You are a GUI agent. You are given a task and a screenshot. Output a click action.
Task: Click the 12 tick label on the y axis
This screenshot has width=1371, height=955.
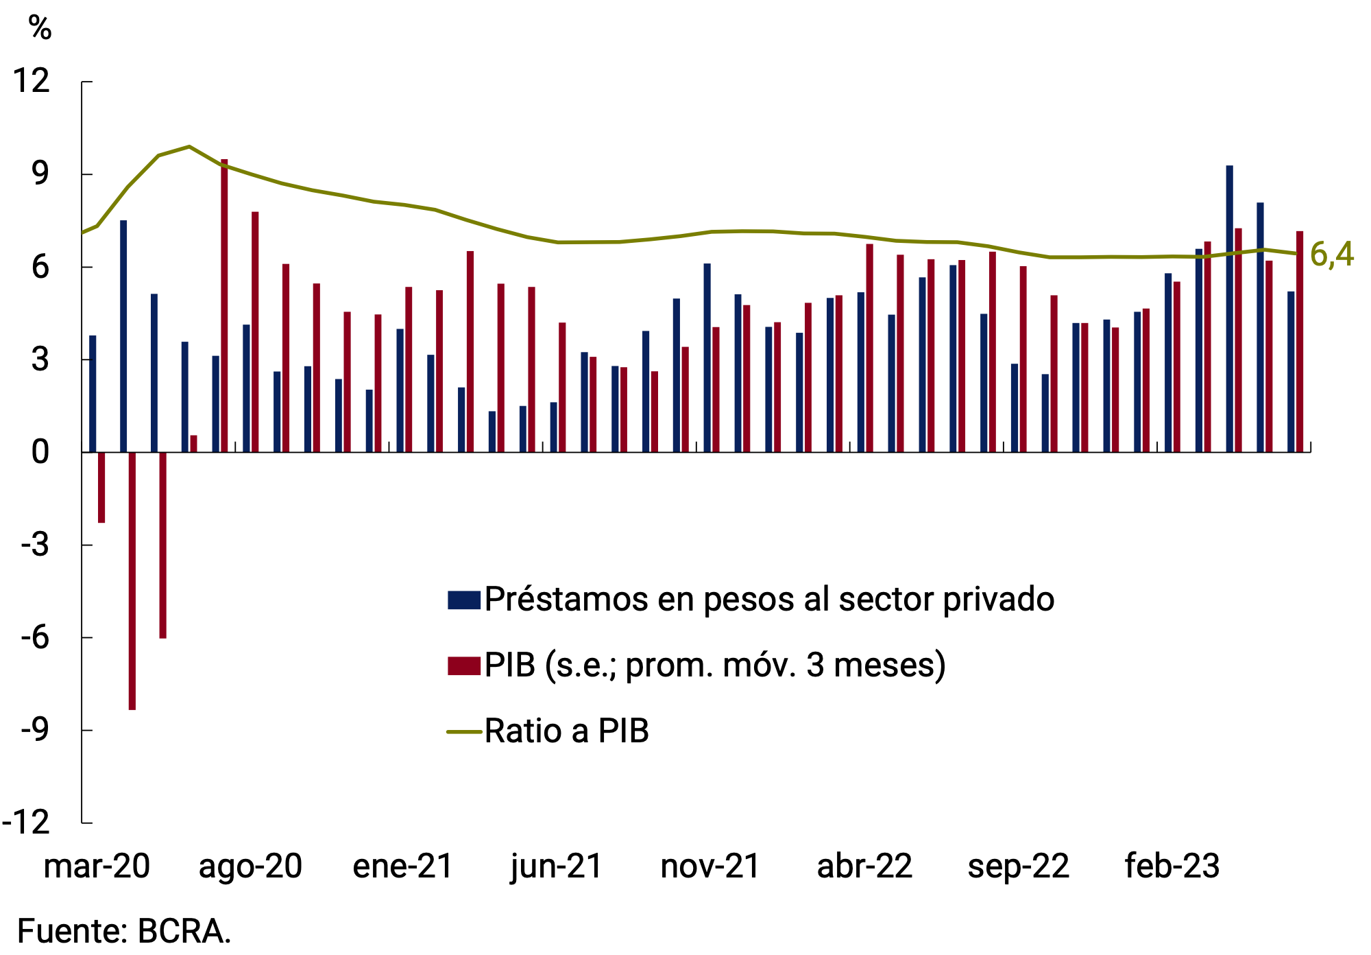[32, 81]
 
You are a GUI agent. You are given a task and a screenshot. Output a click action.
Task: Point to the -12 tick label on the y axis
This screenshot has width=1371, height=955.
[26, 822]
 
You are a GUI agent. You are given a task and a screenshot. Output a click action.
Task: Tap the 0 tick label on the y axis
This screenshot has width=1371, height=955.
[40, 451]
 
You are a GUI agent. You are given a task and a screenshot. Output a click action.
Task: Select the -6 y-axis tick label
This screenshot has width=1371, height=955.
[35, 637]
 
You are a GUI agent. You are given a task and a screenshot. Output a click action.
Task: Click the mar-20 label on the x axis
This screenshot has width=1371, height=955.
[97, 866]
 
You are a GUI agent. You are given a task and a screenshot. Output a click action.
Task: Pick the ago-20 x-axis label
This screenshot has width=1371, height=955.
[250, 866]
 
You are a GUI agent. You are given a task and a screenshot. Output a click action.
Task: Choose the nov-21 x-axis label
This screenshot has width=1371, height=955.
[710, 866]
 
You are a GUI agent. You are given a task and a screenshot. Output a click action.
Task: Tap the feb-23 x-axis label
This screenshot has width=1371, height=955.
[1172, 866]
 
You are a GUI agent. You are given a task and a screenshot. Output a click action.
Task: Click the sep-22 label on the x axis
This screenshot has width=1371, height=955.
[1018, 866]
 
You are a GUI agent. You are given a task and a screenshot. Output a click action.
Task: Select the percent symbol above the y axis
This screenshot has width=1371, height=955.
[40, 28]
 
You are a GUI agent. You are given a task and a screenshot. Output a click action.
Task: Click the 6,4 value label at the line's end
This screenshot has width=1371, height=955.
[1331, 255]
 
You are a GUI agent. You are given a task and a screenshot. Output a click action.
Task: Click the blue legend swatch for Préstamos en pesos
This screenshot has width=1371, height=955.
[463, 600]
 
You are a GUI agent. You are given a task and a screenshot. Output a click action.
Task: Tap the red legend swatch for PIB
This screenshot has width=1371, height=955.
[463, 665]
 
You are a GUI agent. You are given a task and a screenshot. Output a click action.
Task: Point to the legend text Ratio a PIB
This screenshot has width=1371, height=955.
[566, 731]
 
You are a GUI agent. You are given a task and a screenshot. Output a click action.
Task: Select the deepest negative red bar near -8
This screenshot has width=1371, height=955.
[132, 580]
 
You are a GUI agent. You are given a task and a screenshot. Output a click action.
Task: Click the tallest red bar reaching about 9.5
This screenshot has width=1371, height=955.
[224, 305]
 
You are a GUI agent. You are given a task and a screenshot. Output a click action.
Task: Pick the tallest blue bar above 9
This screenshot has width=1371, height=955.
[1229, 309]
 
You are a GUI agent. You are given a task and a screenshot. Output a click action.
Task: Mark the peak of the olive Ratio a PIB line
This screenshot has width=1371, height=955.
[189, 146]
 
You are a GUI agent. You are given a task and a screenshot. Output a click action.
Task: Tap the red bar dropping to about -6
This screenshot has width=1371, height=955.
[162, 545]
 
